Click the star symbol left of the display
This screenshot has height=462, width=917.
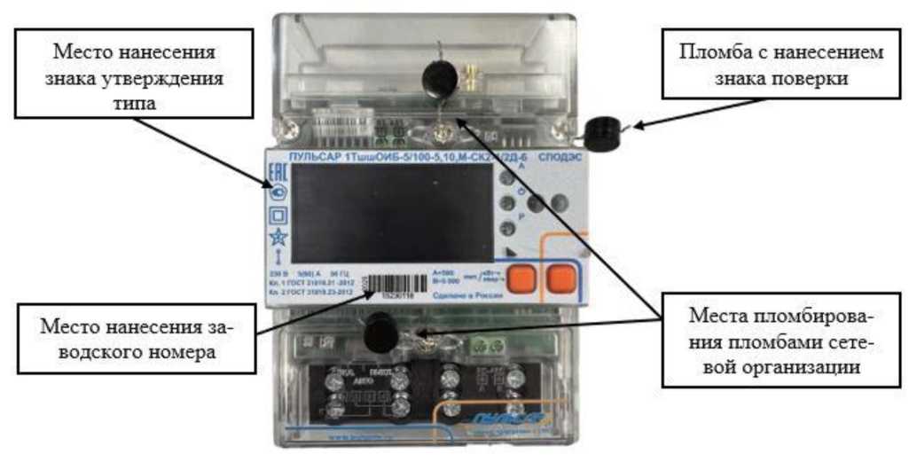[278, 236]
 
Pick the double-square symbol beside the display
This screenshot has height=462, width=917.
[278, 214]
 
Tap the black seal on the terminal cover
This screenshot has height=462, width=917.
[380, 333]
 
